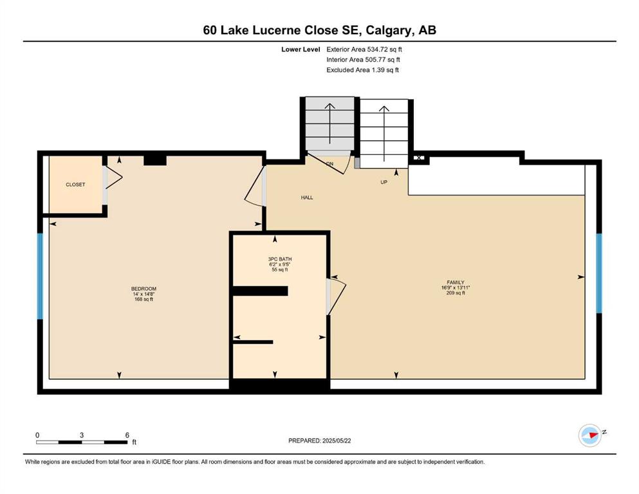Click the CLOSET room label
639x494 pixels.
[75, 185]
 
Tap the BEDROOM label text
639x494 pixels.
[144, 289]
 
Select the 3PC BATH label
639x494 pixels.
[280, 259]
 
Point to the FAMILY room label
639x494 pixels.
[455, 282]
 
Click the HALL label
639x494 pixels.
[307, 197]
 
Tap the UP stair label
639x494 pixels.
[384, 182]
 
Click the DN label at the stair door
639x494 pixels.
[329, 164]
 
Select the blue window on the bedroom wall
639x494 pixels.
[40, 276]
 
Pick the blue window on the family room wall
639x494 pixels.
[599, 273]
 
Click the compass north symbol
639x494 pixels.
[590, 435]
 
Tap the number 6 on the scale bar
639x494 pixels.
[127, 435]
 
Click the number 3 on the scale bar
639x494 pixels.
[82, 435]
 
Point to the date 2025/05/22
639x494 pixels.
[337, 441]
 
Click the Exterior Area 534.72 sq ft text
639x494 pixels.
[364, 50]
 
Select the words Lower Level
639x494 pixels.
[301, 50]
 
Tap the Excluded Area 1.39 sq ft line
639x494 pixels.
[363, 69]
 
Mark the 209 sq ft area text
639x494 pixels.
[455, 293]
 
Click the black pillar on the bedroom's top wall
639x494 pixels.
[155, 160]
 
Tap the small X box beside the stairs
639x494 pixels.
[419, 158]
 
